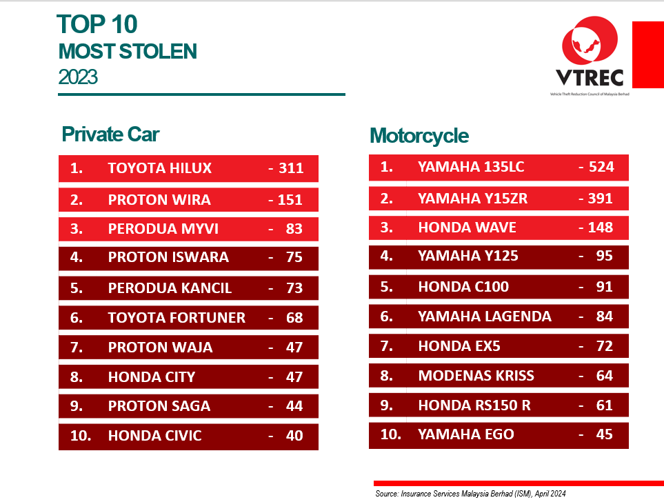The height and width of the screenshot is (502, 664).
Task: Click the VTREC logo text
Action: point(589,77)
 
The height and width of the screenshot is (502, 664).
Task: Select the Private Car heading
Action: point(110,134)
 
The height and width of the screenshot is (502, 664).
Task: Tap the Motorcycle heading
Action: point(419,136)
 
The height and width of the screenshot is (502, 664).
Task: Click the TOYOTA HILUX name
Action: point(160,168)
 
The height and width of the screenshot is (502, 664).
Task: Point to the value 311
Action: point(291,168)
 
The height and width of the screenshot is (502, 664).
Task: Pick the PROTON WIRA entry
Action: point(159,200)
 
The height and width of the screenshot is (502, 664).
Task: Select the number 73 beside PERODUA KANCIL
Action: point(294,288)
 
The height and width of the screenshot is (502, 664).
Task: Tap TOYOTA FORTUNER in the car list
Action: point(177,318)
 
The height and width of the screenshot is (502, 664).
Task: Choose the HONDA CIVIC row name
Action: point(155,436)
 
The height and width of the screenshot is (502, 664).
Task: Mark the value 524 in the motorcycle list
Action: point(601,167)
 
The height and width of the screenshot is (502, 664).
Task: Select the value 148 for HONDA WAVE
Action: point(601,228)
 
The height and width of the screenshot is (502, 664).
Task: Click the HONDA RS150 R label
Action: point(474,405)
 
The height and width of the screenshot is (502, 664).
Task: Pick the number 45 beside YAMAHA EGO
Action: point(604,434)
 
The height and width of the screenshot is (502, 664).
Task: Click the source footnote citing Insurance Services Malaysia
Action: point(470,494)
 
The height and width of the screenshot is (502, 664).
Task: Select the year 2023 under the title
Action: point(78,77)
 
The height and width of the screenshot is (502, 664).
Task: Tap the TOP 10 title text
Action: point(98,25)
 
